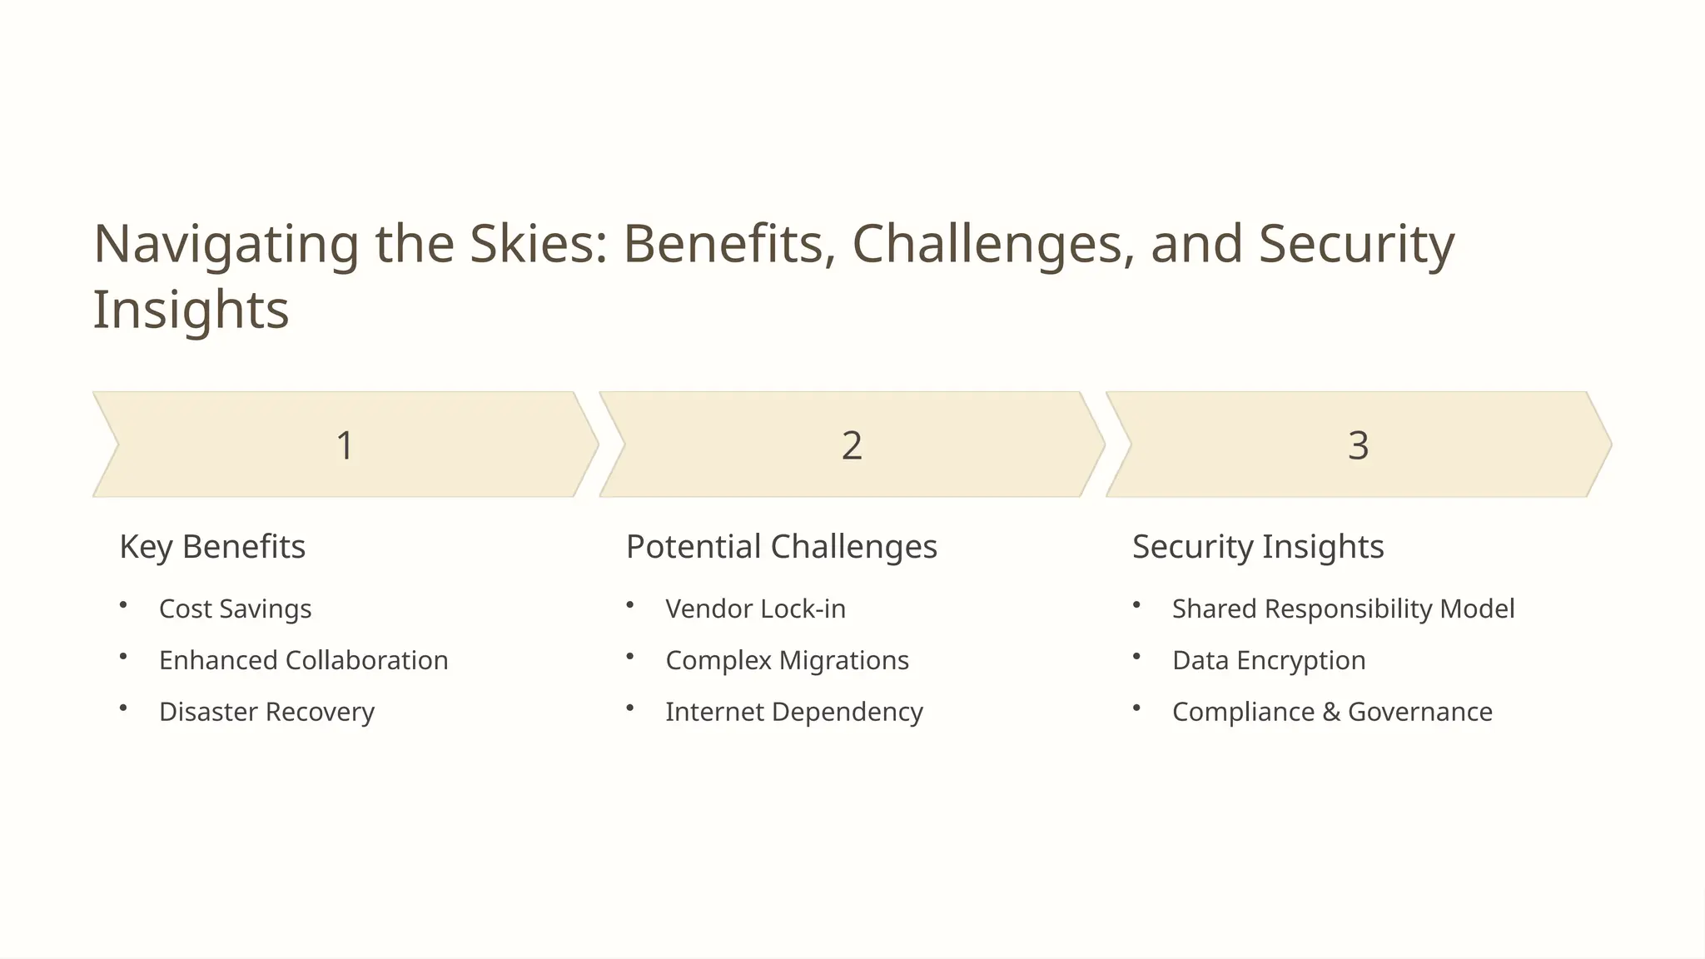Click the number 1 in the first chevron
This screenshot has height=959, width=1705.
click(x=345, y=445)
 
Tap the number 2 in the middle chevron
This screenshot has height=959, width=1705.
click(x=852, y=445)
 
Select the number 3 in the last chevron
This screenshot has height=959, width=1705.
click(x=1358, y=445)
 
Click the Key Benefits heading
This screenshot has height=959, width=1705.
click(x=212, y=547)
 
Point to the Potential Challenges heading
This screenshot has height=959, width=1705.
click(x=781, y=547)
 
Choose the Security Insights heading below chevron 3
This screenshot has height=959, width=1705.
click(x=1257, y=547)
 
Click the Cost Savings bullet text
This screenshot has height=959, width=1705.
click(x=235, y=609)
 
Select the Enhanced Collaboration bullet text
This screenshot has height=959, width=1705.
click(x=303, y=660)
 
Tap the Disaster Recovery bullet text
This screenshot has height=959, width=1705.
click(x=266, y=712)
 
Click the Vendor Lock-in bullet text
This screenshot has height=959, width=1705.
click(x=755, y=609)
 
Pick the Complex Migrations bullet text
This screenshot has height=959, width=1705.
click(x=787, y=660)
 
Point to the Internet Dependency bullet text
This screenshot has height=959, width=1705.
click(x=793, y=712)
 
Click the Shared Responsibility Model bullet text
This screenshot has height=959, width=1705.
click(x=1343, y=609)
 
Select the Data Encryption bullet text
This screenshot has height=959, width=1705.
click(x=1268, y=660)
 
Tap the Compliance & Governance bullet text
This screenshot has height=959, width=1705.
click(x=1332, y=712)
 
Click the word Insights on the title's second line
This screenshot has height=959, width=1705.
click(x=191, y=310)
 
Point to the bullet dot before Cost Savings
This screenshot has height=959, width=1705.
click(x=123, y=605)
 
